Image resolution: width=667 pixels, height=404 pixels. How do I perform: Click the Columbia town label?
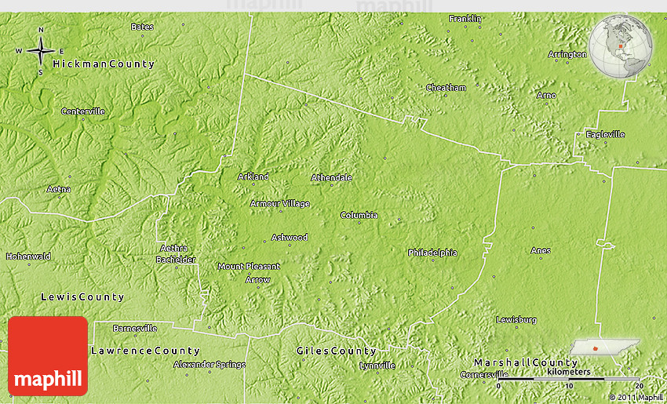[x=359, y=215]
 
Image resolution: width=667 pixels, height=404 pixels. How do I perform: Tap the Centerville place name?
[x=83, y=111]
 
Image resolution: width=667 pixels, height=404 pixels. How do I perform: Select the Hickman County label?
[x=104, y=64]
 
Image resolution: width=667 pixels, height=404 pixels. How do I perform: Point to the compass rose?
[x=40, y=52]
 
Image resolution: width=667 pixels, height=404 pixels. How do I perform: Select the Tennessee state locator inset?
[x=604, y=348]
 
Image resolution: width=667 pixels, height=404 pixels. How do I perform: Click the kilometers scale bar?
[x=570, y=378]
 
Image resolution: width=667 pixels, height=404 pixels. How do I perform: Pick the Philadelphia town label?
[x=432, y=253]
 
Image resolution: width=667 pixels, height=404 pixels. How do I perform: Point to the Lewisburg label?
[x=516, y=319]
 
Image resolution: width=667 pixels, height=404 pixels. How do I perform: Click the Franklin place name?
[x=465, y=18]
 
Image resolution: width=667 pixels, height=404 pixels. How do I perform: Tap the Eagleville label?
[x=605, y=134]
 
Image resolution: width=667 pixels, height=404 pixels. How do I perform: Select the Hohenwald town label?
[x=28, y=256]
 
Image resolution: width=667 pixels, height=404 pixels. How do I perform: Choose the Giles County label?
[x=336, y=351]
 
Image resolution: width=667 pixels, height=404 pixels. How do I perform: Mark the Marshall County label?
[x=525, y=362]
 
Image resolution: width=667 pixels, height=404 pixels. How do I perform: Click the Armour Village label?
[x=279, y=203]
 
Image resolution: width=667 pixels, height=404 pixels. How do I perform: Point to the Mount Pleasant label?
[x=249, y=266]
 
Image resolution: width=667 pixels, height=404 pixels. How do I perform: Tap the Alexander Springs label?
[x=209, y=364]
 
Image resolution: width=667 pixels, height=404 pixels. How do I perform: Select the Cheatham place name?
[x=446, y=88]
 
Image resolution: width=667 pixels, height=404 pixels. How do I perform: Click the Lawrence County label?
[x=145, y=350]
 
